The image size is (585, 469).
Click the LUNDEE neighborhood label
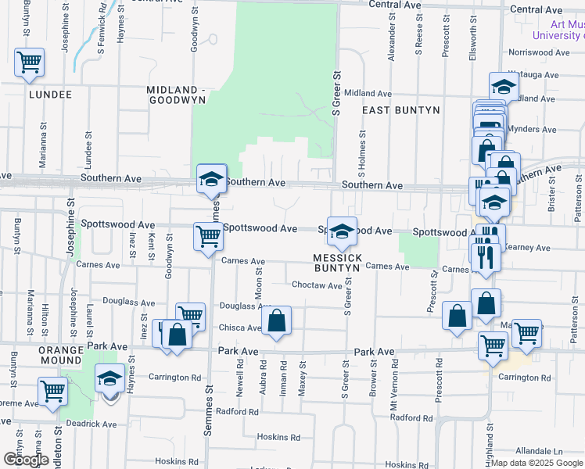pos(50,95)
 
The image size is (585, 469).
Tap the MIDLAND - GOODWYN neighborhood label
pos(176,95)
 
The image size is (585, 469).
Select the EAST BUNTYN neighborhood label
pos(401,110)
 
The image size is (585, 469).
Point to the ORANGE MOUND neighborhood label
pos(61,355)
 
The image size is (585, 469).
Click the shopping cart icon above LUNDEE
pos(29,62)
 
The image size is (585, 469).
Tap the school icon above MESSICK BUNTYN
pos(342,231)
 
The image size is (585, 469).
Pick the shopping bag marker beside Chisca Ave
pos(276,320)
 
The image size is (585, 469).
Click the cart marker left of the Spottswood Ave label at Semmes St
pos(208,235)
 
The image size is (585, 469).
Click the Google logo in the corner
pos(26,460)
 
